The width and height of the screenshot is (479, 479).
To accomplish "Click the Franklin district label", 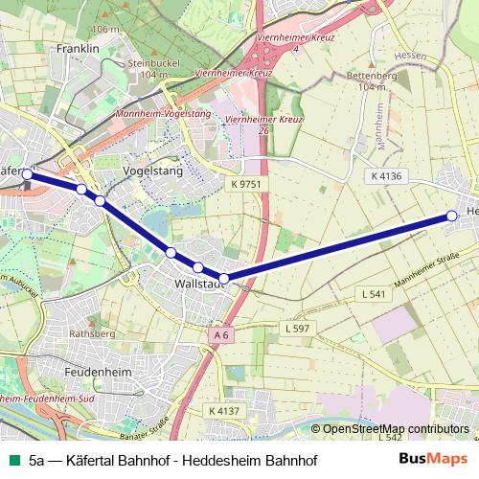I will tap(78, 48).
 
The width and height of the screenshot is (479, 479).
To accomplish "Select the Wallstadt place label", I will tap(200, 285).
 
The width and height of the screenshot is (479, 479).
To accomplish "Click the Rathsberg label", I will tap(92, 334).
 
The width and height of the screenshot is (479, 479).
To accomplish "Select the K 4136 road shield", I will tap(386, 176).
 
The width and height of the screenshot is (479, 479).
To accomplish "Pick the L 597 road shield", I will tap(298, 329).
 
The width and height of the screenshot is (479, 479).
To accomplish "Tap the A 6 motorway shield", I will tap(221, 334).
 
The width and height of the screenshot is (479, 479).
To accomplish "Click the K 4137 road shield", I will tap(223, 410).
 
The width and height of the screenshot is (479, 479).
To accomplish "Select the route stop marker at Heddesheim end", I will tap(452, 217).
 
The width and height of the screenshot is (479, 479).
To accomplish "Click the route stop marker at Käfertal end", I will tap(28, 174).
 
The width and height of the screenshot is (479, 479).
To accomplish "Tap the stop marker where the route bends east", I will tap(224, 279).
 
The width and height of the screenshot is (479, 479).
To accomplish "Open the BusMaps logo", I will tap(433, 459).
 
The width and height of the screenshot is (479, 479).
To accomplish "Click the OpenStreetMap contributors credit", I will tap(395, 429).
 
